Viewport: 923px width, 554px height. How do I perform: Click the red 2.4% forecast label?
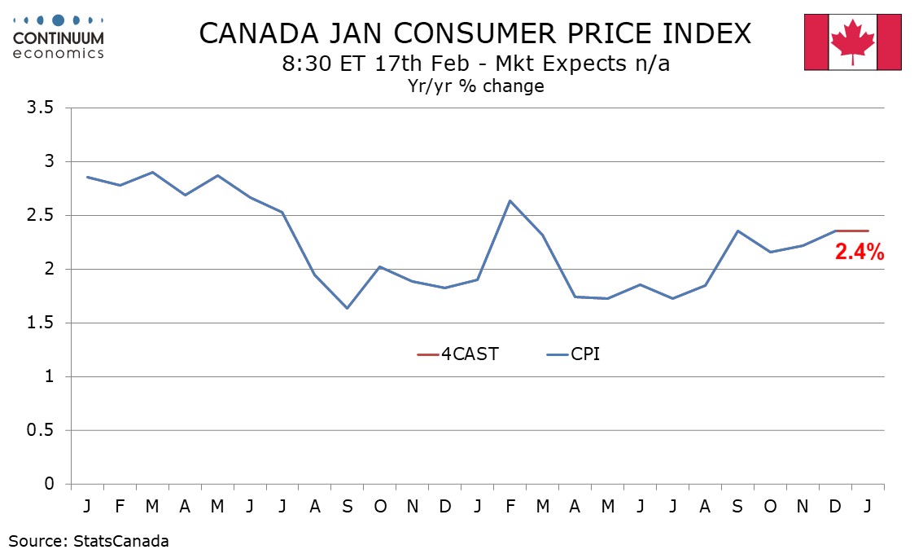coord(859,253)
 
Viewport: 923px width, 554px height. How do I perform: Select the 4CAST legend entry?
coord(457,355)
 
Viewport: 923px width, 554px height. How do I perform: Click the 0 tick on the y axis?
coord(50,485)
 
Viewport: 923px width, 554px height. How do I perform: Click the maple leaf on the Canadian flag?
coord(852,42)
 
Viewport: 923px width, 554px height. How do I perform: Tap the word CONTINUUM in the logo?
coord(59,37)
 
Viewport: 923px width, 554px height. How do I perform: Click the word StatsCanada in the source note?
coord(116,540)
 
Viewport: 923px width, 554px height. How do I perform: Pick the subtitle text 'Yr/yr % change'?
coord(475,86)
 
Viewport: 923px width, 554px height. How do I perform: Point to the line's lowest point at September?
coord(348,308)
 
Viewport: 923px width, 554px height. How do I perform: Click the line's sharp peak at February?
coord(510,200)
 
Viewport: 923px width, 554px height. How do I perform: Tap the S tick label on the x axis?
coord(348,506)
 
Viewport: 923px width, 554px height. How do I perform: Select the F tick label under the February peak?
coord(510,506)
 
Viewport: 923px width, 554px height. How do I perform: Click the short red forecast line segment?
coord(851,231)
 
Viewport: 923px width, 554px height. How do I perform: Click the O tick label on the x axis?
coord(380,506)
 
